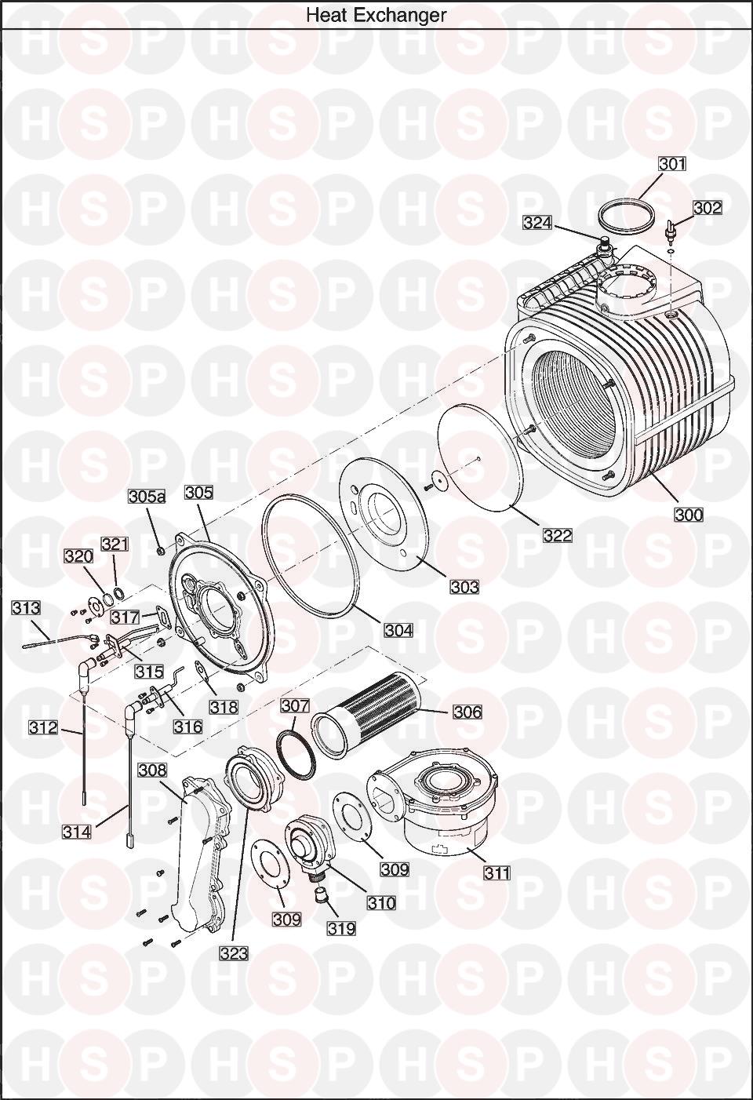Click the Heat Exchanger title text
[x=376, y=15]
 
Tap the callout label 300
[x=689, y=515]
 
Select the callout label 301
[x=672, y=163]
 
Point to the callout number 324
[x=537, y=223]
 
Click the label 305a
[x=147, y=497]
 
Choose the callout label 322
[x=558, y=535]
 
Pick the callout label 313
[x=26, y=608]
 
